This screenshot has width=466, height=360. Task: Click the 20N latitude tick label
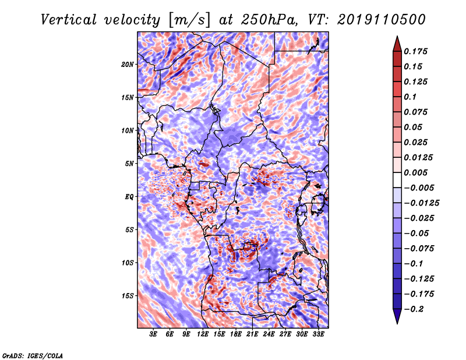(x=128, y=65)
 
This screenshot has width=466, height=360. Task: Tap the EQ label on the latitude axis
(x=129, y=197)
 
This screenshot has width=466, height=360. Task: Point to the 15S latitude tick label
(x=128, y=296)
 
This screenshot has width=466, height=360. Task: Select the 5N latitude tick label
(x=129, y=164)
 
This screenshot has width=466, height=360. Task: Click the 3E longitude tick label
(x=153, y=334)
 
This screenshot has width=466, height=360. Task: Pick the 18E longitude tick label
(x=236, y=334)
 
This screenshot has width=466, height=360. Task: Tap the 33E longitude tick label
(x=318, y=334)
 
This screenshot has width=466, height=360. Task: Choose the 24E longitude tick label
(x=269, y=334)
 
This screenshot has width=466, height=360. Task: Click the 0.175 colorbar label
(x=415, y=51)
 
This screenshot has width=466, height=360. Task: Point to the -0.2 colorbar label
(x=414, y=309)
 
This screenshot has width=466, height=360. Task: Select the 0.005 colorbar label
(x=415, y=172)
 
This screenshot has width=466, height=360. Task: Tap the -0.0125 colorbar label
(x=421, y=203)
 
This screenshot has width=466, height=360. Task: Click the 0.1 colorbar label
(x=410, y=97)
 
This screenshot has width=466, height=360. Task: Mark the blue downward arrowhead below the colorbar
(x=397, y=316)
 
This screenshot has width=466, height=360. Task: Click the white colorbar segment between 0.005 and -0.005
(x=397, y=180)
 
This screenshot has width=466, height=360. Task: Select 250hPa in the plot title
(x=269, y=20)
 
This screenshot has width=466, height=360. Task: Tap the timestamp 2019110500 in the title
(x=382, y=20)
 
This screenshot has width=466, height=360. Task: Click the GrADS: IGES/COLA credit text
(x=33, y=355)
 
